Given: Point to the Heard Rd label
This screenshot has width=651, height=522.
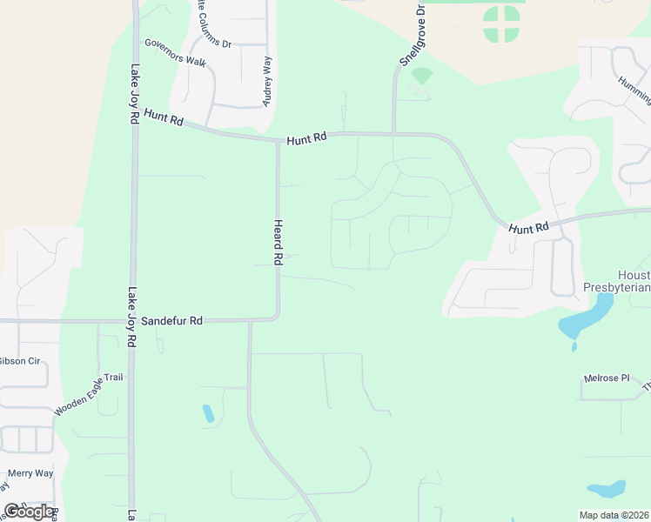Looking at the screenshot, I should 279,242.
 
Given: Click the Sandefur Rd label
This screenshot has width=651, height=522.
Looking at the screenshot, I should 172,320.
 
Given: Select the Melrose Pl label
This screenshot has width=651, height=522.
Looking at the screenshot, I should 607,378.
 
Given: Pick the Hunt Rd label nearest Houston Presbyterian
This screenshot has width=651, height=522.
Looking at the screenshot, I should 529,228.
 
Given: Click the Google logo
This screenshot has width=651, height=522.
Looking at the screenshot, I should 28,512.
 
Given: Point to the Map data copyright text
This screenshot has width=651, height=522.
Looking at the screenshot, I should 614,515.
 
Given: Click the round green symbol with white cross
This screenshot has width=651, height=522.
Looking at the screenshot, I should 501,23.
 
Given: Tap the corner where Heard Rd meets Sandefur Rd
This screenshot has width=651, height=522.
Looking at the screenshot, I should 278,318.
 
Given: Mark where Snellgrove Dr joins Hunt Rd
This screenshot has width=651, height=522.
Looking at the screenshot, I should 393,134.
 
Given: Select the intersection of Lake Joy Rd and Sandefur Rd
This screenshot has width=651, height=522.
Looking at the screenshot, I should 133,320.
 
